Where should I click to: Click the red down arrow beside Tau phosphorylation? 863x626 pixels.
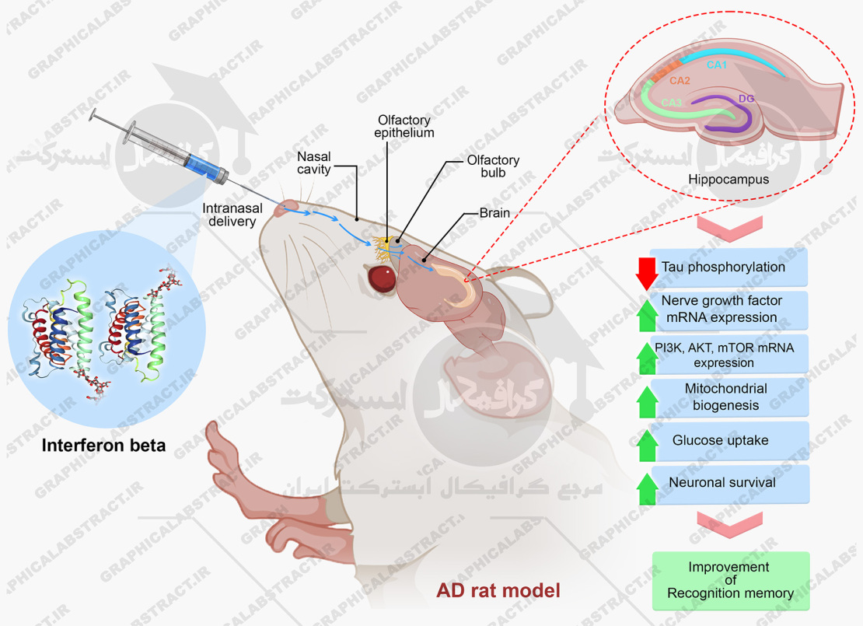(x=646, y=272)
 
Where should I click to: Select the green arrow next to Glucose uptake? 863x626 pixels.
(x=646, y=445)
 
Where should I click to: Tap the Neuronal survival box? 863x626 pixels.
(x=722, y=482)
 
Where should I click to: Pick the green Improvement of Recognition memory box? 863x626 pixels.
(x=730, y=580)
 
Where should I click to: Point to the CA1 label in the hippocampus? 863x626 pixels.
(x=716, y=65)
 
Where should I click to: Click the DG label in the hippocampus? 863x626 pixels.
(x=746, y=98)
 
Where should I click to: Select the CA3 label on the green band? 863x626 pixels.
(x=672, y=102)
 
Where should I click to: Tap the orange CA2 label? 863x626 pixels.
(x=680, y=80)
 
